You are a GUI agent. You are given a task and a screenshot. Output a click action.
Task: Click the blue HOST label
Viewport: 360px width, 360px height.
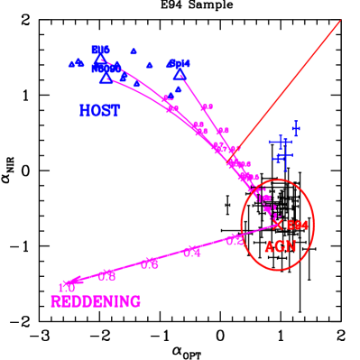click(x=99, y=111)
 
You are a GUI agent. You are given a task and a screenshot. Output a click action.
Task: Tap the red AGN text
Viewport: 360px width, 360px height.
click(x=280, y=246)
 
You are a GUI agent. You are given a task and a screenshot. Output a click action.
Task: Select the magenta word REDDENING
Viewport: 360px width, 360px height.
click(x=96, y=301)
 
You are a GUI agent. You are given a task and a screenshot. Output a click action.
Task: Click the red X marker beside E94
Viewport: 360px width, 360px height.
click(x=278, y=224)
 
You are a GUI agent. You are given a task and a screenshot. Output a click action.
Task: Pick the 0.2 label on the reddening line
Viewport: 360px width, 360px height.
click(x=235, y=240)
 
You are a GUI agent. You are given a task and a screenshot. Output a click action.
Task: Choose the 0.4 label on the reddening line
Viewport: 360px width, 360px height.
click(x=192, y=253)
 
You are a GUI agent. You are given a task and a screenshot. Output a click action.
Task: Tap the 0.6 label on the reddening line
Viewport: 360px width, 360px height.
click(x=150, y=263)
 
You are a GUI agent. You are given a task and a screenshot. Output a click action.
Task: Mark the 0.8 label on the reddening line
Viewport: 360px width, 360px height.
click(x=107, y=275)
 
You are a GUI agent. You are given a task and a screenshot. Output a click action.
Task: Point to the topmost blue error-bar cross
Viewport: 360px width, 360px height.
click(x=296, y=129)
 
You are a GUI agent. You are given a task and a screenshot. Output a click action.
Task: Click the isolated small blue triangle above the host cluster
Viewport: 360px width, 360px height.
click(x=134, y=51)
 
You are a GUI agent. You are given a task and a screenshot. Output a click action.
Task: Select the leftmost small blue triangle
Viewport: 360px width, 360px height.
click(x=71, y=64)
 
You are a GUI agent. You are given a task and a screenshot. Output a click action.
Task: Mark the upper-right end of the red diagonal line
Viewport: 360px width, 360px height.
click(x=341, y=20)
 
